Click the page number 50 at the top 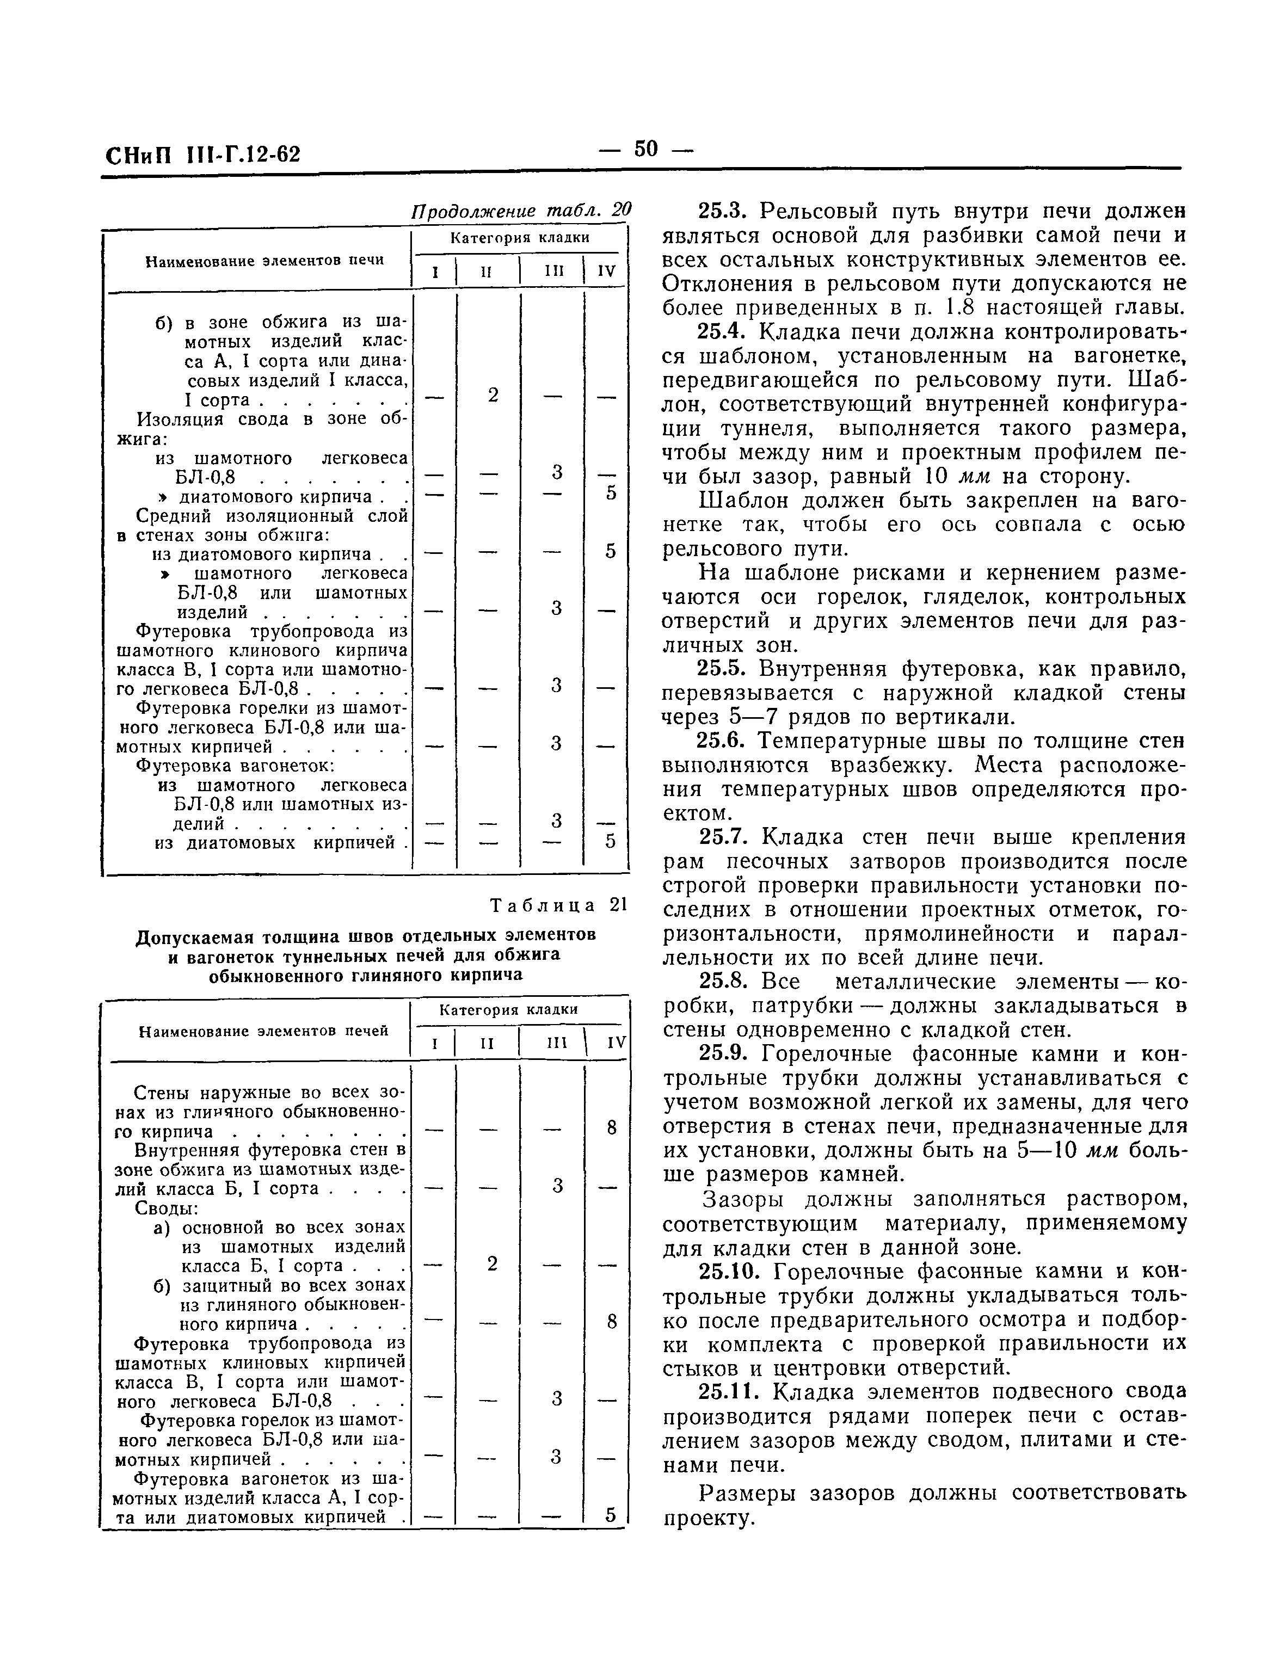645,149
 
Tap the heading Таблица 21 558,905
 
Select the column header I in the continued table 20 434,272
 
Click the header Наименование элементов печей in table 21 263,1031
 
